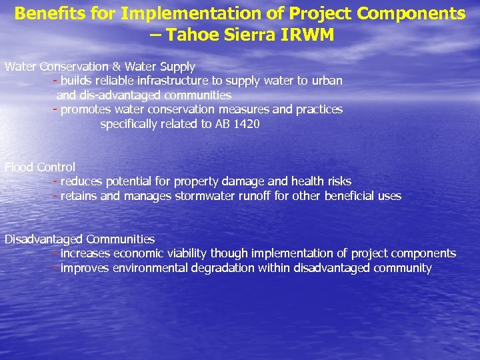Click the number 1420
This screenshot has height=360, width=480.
click(247, 124)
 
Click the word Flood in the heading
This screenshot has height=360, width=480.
click(19, 167)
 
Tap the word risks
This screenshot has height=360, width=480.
click(338, 181)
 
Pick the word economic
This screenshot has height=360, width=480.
click(140, 253)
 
